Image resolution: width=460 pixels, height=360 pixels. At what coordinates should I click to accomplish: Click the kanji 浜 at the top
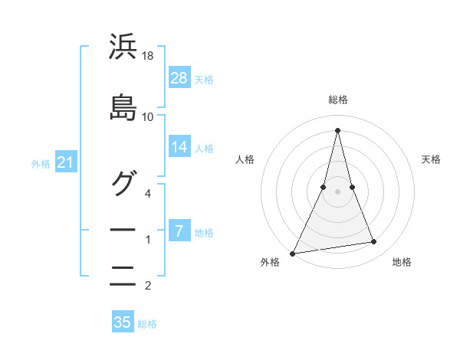pyautogui.click(x=123, y=48)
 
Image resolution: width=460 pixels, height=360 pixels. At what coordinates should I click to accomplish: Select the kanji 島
pyautogui.click(x=123, y=107)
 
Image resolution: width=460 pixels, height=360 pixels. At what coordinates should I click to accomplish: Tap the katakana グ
pyautogui.click(x=123, y=183)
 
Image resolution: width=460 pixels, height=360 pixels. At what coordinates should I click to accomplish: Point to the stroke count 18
pyautogui.click(x=149, y=57)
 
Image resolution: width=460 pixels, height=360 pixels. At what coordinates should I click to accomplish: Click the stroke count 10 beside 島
pyautogui.click(x=148, y=116)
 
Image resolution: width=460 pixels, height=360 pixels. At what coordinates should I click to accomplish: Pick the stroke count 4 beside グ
pyautogui.click(x=149, y=193)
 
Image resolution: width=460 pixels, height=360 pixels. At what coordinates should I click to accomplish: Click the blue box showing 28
pyautogui.click(x=179, y=78)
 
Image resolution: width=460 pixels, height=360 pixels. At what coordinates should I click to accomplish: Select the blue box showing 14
pyautogui.click(x=179, y=147)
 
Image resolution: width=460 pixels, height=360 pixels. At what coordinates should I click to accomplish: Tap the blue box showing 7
pyautogui.click(x=179, y=231)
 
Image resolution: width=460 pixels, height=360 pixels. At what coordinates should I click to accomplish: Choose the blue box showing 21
pyautogui.click(x=65, y=162)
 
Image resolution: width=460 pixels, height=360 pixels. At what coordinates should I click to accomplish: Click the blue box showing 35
pyautogui.click(x=123, y=322)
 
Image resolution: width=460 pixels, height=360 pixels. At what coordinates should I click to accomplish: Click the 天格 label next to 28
pyautogui.click(x=204, y=79)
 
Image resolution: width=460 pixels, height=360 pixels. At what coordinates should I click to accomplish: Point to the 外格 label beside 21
pyautogui.click(x=41, y=163)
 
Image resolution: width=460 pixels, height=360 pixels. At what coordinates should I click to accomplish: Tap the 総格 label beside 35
pyautogui.click(x=147, y=323)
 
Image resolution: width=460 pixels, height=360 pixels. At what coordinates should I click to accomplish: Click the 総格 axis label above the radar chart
pyautogui.click(x=338, y=100)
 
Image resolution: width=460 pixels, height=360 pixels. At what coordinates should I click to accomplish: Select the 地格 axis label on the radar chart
pyautogui.click(x=402, y=263)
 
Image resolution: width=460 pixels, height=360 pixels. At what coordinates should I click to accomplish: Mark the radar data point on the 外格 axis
pyautogui.click(x=293, y=254)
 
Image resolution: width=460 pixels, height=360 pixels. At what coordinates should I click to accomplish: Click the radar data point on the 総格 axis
pyautogui.click(x=337, y=129)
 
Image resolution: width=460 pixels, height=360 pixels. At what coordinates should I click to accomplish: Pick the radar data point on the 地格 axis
pyautogui.click(x=374, y=242)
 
